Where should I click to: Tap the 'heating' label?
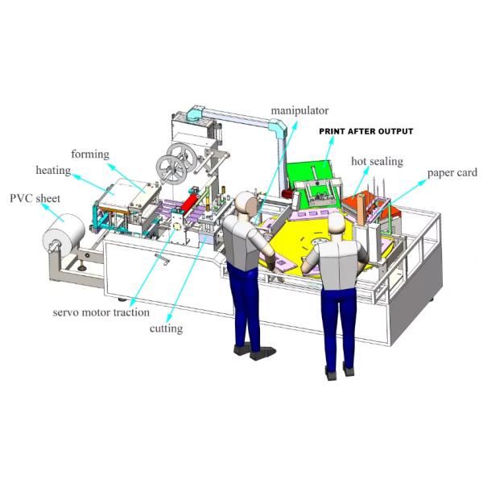tap(53, 171)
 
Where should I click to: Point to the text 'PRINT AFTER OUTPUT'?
tap(366, 131)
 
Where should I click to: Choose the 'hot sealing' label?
tap(377, 161)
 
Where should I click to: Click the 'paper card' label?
tap(452, 172)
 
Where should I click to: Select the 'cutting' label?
tap(167, 328)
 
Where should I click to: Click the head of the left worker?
tap(244, 203)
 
